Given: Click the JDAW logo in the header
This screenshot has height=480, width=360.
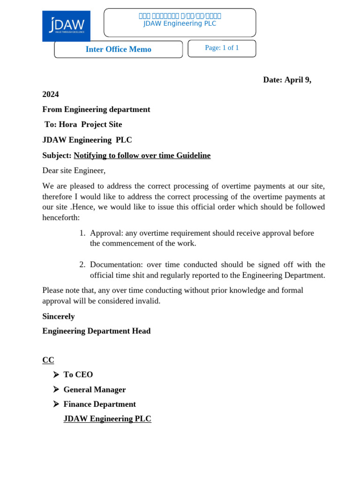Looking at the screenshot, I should [x=66, y=26].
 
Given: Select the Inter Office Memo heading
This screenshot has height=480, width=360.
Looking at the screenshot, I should [x=118, y=49].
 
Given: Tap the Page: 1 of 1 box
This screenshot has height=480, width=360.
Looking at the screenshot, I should [x=222, y=48].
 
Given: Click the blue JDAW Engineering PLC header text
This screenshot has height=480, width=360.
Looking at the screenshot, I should [x=180, y=24].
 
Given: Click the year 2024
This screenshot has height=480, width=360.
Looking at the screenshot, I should [x=51, y=94].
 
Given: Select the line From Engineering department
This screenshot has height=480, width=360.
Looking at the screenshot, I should [x=96, y=109].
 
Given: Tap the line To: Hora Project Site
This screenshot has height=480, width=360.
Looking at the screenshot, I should [x=83, y=124].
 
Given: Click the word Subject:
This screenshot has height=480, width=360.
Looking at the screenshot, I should [x=57, y=155].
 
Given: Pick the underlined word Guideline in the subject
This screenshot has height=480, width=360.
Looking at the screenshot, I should [x=192, y=155].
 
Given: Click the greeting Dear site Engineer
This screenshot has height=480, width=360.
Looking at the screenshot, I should [x=74, y=170].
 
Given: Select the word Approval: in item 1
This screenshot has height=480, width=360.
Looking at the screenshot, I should [x=106, y=233].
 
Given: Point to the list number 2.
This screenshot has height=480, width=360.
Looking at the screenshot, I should [x=82, y=264].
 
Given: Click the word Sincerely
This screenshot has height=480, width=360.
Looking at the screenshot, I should [x=59, y=316].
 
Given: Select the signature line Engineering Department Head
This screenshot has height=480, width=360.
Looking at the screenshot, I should [x=97, y=331].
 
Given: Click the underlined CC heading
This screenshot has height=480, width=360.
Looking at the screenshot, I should [x=48, y=360].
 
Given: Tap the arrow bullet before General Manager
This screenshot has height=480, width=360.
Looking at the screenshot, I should [x=56, y=390].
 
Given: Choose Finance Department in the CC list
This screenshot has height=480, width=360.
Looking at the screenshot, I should [x=99, y=404].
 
